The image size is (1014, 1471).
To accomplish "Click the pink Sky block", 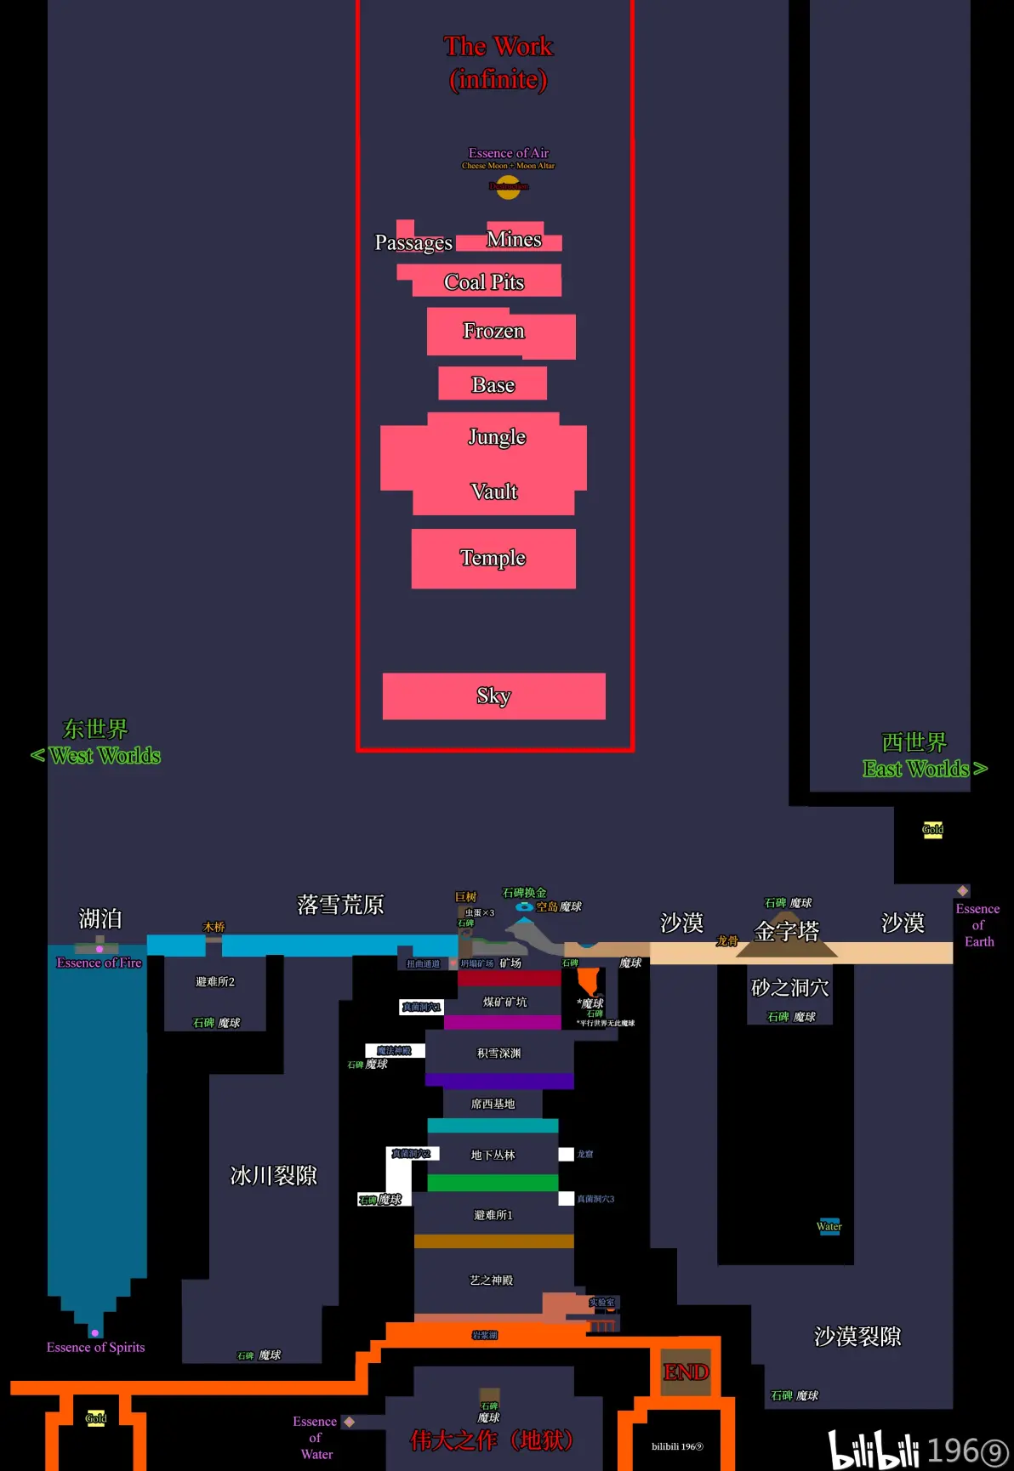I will click(x=493, y=696).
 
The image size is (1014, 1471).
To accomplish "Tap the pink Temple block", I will click(x=493, y=559).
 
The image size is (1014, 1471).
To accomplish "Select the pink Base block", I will click(x=493, y=384).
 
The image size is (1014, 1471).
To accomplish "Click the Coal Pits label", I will click(x=484, y=282).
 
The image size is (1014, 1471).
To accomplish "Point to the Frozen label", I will click(x=493, y=331).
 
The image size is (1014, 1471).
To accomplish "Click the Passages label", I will click(x=413, y=243).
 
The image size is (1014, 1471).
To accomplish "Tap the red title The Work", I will click(x=498, y=47).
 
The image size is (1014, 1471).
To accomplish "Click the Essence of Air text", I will click(x=509, y=153).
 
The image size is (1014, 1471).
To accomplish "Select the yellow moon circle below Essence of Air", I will click(x=508, y=189).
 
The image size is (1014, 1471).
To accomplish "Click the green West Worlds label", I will click(x=104, y=756).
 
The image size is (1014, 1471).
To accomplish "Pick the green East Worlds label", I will click(x=916, y=770).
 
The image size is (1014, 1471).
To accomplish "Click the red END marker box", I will click(x=686, y=1372).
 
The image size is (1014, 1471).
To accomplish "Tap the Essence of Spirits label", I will click(x=95, y=1348).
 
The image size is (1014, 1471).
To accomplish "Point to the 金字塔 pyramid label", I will click(x=787, y=931).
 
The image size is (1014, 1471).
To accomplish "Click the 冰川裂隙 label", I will click(x=273, y=1176).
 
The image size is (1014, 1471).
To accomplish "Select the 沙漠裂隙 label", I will click(x=857, y=1337).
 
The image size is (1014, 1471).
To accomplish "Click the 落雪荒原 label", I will click(x=340, y=905).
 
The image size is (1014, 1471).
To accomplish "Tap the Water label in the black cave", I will click(x=829, y=1226).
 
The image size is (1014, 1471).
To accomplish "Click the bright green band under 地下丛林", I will click(x=493, y=1183).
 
